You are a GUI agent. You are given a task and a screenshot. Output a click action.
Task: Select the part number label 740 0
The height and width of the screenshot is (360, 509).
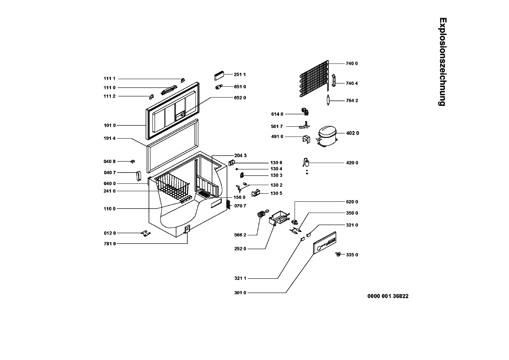(x=352, y=64)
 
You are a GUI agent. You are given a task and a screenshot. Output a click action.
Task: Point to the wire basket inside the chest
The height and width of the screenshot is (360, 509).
(x=173, y=186)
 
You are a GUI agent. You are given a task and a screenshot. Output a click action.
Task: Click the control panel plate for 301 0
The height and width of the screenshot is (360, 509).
(x=324, y=242)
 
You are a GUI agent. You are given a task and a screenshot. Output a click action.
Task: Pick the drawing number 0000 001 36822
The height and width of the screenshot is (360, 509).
(x=388, y=296)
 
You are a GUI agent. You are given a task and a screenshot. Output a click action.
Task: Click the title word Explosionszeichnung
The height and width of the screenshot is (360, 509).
(x=442, y=62)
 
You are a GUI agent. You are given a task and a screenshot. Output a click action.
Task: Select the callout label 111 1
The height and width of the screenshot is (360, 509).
(x=110, y=79)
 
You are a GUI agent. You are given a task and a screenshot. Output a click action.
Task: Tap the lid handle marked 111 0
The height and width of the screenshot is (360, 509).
(x=169, y=90)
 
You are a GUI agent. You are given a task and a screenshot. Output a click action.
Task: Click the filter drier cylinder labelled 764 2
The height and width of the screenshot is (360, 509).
(x=328, y=100)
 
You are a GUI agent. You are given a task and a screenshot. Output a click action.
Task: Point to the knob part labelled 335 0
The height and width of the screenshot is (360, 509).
(x=338, y=254)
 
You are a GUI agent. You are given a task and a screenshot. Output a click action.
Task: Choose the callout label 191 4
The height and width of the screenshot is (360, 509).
(x=110, y=139)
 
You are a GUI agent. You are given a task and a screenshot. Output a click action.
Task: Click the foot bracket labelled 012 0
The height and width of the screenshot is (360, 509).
(x=146, y=233)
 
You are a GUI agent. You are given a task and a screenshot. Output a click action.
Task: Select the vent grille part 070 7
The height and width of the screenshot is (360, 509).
(x=228, y=204)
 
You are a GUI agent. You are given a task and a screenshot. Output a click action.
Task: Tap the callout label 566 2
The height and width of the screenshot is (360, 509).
(x=240, y=235)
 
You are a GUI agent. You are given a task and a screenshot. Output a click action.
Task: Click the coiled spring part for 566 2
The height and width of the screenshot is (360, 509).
(x=261, y=214)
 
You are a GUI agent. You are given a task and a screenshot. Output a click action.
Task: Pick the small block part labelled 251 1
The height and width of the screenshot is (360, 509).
(x=219, y=76)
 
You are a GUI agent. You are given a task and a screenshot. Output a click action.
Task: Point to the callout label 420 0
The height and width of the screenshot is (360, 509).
(x=352, y=163)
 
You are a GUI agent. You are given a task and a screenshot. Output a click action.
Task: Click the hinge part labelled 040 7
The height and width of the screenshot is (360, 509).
(x=138, y=176)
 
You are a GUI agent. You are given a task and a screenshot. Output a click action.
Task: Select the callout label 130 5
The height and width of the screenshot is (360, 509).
(x=276, y=194)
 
